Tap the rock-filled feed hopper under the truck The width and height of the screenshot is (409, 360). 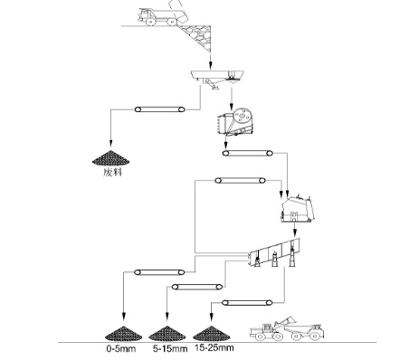[197, 37]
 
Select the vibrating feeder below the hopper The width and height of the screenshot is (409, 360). [217, 79]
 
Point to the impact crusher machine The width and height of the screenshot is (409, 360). [298, 209]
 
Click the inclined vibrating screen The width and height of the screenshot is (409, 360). [274, 253]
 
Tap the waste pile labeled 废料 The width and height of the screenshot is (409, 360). [111, 158]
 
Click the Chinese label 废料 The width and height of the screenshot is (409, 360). [112, 172]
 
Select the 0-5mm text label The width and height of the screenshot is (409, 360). [121, 349]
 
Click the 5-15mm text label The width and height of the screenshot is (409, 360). [170, 349]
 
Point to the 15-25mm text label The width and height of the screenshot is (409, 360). [214, 347]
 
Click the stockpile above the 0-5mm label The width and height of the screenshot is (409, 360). [124, 334]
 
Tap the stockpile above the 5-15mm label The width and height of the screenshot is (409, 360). [167, 334]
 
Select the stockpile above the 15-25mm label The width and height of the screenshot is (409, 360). [211, 334]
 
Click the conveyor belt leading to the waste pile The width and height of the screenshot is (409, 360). [160, 109]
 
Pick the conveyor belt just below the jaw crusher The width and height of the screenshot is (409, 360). [248, 153]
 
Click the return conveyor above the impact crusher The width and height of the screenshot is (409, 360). [241, 181]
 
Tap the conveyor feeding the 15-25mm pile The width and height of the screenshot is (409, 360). [247, 302]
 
